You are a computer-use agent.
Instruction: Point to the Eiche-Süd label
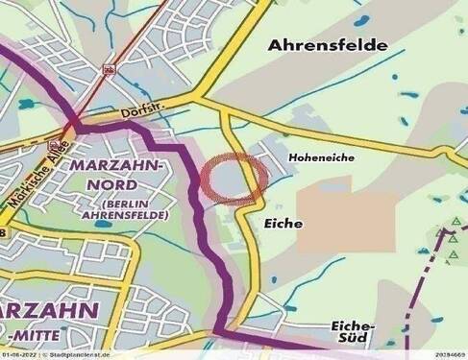(352, 331)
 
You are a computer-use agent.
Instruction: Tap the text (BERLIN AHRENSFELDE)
(134, 209)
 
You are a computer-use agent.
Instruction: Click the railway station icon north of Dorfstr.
(111, 69)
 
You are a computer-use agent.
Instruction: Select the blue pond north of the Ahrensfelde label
(364, 20)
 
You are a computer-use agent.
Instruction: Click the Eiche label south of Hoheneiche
(283, 223)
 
